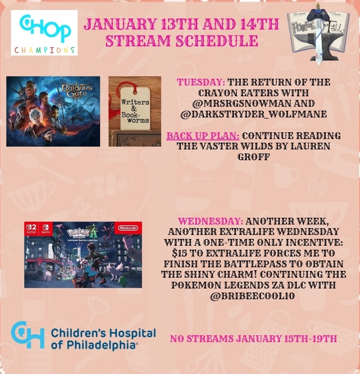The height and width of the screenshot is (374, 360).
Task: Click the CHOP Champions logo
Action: coord(44,33)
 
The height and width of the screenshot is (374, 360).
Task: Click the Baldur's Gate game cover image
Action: coord(53,111)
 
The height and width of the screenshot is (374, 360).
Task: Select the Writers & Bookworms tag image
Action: coord(135,111)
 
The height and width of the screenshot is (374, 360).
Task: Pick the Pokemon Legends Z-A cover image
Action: coord(83,255)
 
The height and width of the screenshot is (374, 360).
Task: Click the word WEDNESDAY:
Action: coord(211,221)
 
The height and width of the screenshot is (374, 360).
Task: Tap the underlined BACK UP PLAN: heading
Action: coord(203,136)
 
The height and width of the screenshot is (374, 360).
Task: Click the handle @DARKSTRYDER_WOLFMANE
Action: coord(253,114)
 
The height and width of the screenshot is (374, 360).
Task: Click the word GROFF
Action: coord(253,157)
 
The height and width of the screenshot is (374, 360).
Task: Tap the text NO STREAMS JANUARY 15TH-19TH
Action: coord(253,338)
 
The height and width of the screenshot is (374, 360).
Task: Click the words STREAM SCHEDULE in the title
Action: coord(182,41)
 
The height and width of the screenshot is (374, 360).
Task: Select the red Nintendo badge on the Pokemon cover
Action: coord(129,228)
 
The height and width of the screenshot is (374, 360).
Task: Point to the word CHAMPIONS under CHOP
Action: coord(45,50)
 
